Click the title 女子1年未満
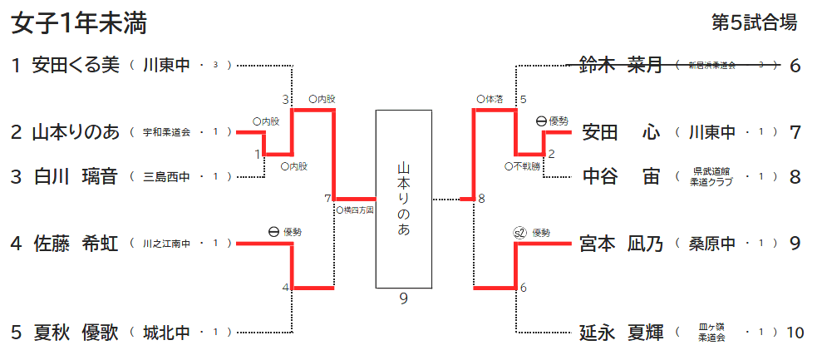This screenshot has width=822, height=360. coord(79,24)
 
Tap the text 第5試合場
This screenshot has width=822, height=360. coord(755,23)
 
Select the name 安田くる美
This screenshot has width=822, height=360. coord(76,65)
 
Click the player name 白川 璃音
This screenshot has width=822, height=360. coord(76,176)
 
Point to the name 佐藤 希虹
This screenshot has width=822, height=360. coord(76,244)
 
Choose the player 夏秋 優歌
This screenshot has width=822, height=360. coord(76,333)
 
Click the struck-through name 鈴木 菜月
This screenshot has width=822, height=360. coord(621,65)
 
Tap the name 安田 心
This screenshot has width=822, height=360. coord(621,132)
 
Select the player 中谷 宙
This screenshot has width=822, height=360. coord(621,176)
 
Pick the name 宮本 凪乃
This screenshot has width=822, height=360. coord(621,244)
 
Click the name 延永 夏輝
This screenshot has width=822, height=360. coord(621,333)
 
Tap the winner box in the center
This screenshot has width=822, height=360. coord(404,199)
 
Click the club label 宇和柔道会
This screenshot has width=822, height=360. coord(166,132)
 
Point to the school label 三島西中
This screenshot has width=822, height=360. coord(166,177)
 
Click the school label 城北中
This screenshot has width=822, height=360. coord(166,333)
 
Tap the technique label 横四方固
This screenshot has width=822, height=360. coord(357,210)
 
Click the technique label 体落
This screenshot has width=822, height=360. coord(494,99)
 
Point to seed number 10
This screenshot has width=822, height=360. coord(795,333)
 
